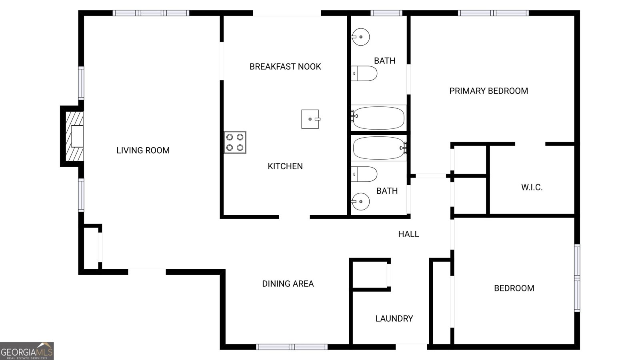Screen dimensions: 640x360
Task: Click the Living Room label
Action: pyautogui.click(x=143, y=150)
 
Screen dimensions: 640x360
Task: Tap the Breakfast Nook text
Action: pyautogui.click(x=285, y=66)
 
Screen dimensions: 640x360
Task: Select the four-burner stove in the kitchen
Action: pyautogui.click(x=235, y=142)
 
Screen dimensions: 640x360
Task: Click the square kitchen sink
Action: pyautogui.click(x=310, y=119)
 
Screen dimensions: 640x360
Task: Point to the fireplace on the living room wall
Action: pyautogui.click(x=72, y=136)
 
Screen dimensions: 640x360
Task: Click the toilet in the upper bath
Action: pyautogui.click(x=364, y=74)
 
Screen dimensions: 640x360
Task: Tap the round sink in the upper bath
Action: pyautogui.click(x=360, y=37)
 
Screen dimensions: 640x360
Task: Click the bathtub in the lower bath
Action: pyautogui.click(x=379, y=148)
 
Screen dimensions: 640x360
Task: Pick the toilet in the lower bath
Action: pyautogui.click(x=364, y=174)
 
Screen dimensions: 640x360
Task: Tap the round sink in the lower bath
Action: pyautogui.click(x=360, y=202)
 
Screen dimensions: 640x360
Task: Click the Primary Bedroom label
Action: pyautogui.click(x=488, y=91)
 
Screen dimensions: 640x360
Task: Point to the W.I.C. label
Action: pyautogui.click(x=532, y=188)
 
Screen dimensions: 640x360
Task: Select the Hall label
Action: pyautogui.click(x=408, y=234)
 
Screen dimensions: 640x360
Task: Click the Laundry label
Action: pyautogui.click(x=394, y=318)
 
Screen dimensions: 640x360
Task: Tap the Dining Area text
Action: pyautogui.click(x=288, y=284)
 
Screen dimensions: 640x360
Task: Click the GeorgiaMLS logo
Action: pyautogui.click(x=27, y=351)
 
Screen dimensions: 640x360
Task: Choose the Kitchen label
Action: pyautogui.click(x=285, y=166)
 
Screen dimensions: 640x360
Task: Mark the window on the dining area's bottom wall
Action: pyautogui.click(x=292, y=347)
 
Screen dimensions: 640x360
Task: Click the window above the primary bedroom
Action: pyautogui.click(x=494, y=13)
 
